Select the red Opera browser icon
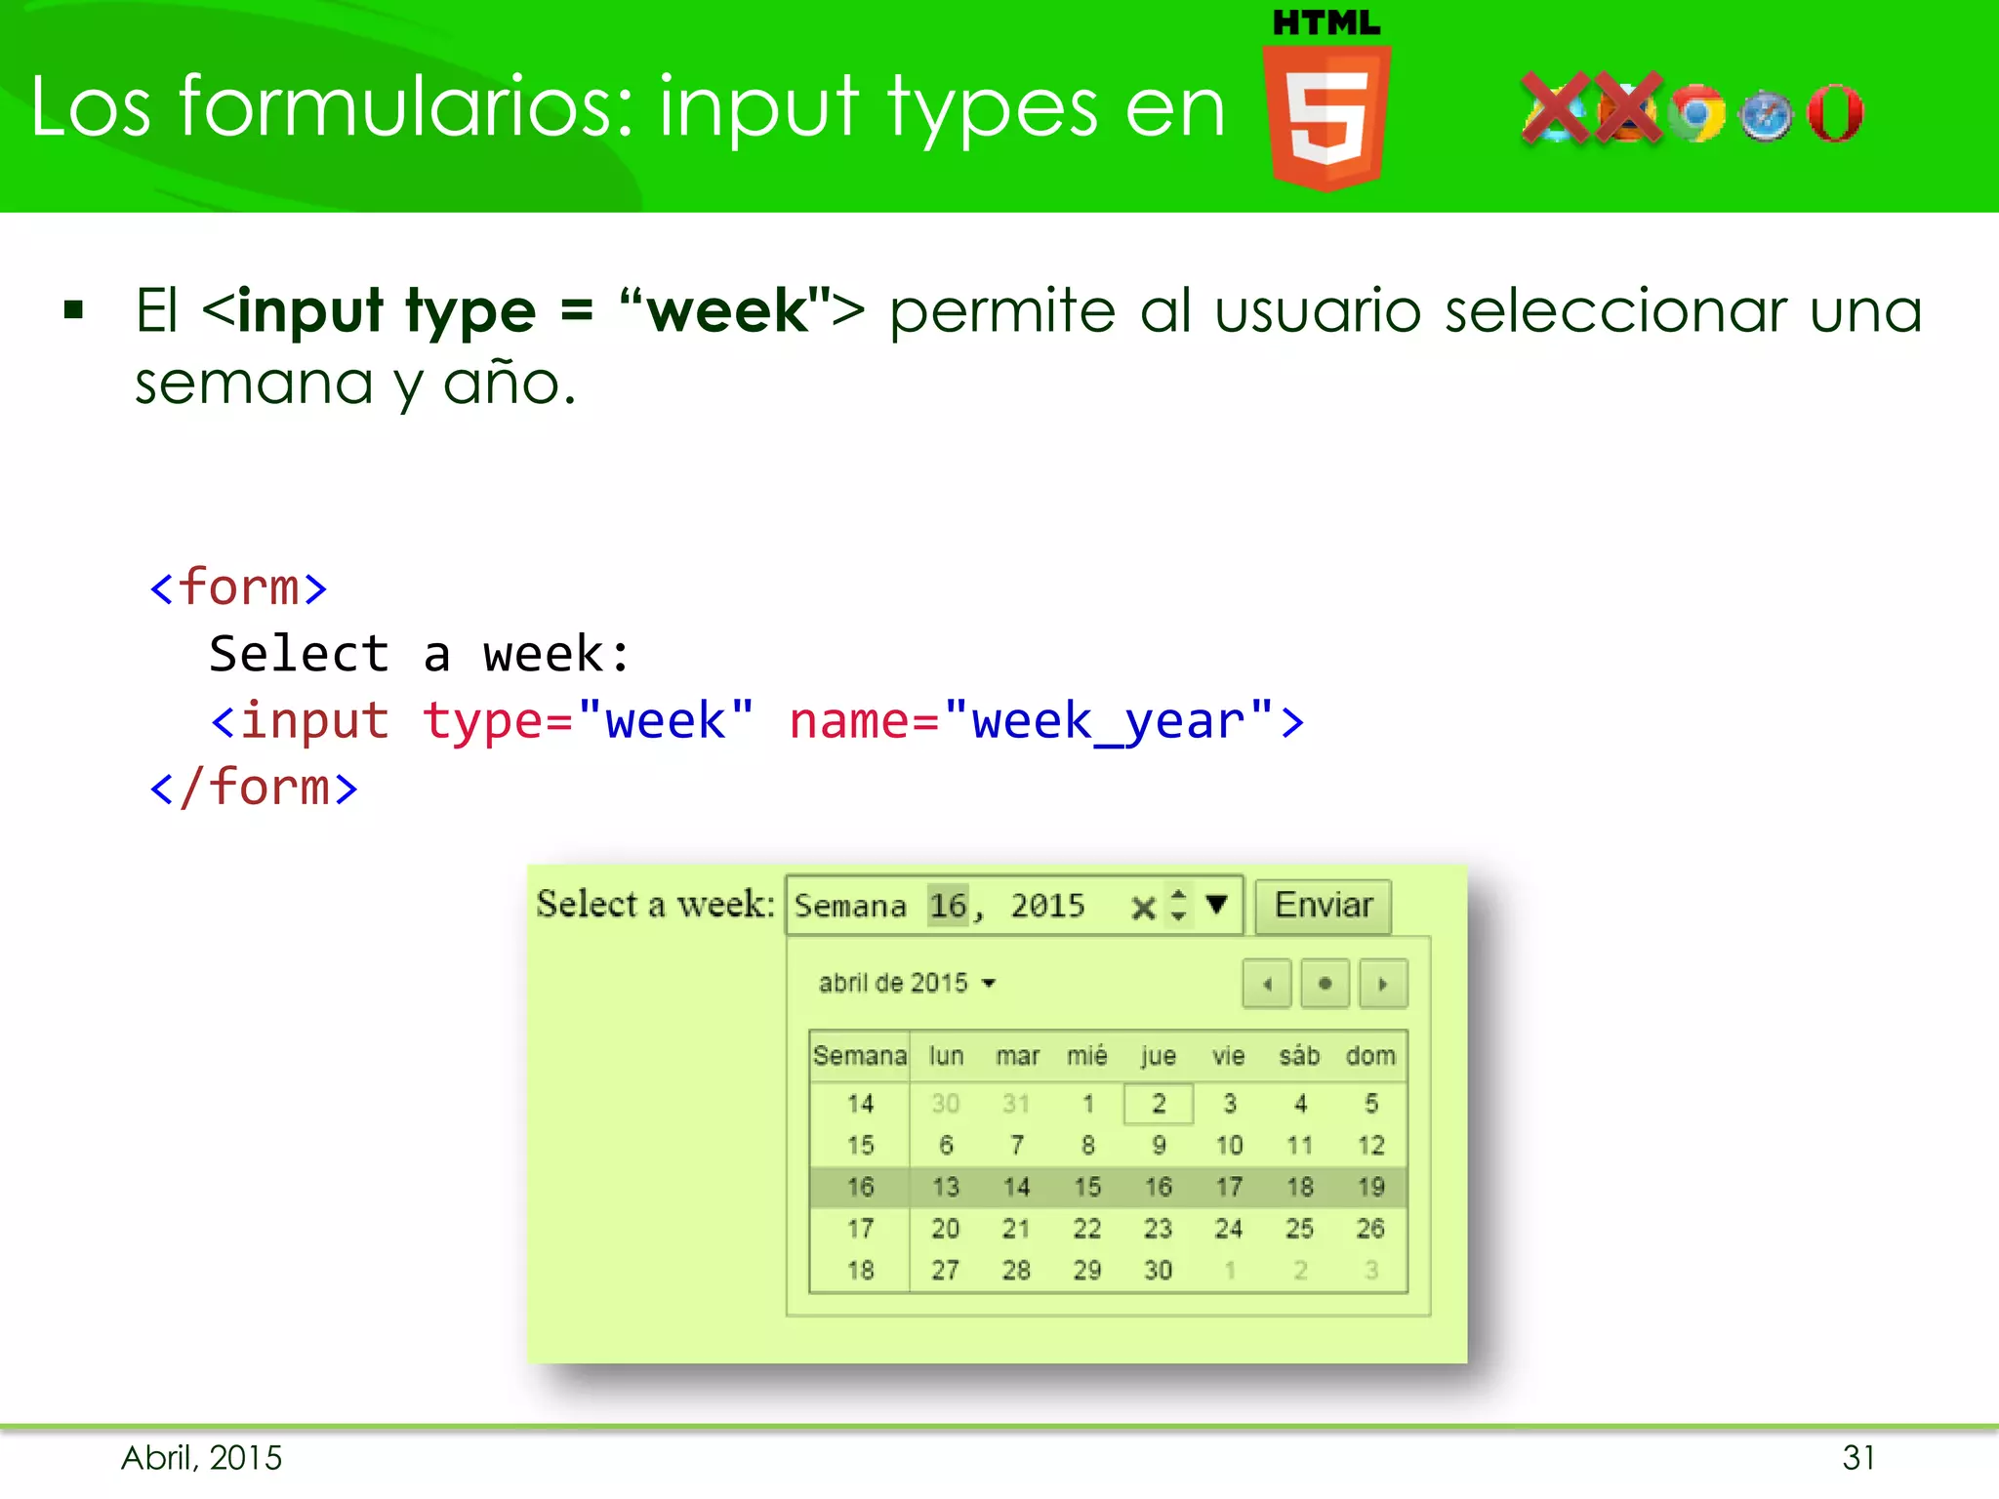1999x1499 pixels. tap(1835, 113)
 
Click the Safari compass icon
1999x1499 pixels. tap(1766, 116)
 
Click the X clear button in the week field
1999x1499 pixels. tap(1143, 909)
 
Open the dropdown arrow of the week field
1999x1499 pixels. tap(1216, 905)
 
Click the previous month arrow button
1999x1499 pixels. tap(1267, 984)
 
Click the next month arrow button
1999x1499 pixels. tap(1383, 984)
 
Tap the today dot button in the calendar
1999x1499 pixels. tap(1325, 984)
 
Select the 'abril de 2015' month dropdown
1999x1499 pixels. tap(907, 983)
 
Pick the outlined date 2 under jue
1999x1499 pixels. tap(1159, 1104)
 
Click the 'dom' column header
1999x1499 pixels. tap(1370, 1056)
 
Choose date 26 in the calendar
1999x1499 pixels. tap(1370, 1229)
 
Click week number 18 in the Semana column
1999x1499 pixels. tap(860, 1271)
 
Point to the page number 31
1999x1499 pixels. tap(1858, 1458)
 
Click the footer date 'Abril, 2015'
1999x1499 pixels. tap(202, 1458)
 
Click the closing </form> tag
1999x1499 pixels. tap(254, 788)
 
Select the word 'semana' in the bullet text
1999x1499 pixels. tap(254, 384)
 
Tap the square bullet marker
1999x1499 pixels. tap(73, 311)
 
